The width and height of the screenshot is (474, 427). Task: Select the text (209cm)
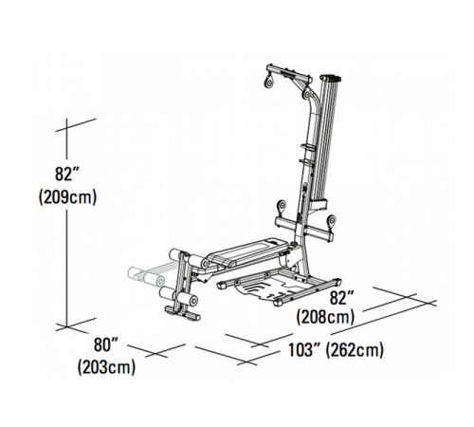68,197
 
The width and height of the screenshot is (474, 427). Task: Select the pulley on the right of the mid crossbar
330,219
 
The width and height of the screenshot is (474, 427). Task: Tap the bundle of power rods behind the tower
328,142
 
